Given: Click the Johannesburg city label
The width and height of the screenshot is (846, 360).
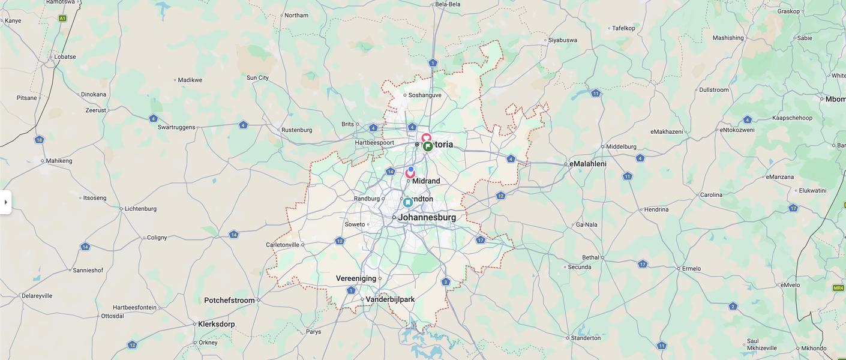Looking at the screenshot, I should [427, 218].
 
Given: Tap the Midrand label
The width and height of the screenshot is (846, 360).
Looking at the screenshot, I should [426, 181].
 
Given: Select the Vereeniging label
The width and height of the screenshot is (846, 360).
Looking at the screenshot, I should [356, 278].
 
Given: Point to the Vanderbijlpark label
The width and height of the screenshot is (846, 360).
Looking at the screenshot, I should [390, 299].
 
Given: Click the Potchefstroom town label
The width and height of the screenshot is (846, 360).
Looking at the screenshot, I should [229, 301].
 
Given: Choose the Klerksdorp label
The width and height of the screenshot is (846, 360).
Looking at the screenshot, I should [216, 324].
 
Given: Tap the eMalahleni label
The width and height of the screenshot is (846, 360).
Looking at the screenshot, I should [588, 164].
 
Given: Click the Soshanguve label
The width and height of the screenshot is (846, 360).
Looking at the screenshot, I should [425, 95].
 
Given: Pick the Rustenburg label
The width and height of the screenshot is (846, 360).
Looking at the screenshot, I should [297, 130].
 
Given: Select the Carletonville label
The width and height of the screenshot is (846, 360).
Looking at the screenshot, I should [283, 245].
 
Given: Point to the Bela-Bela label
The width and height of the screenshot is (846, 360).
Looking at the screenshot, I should [448, 4].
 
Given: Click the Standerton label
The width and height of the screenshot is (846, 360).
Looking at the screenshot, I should [586, 338].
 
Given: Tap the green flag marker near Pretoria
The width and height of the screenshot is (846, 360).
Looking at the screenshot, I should [428, 146].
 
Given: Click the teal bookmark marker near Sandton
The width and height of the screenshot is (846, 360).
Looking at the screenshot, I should [408, 202].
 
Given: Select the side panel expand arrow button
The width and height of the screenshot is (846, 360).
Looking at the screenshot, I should [5, 202].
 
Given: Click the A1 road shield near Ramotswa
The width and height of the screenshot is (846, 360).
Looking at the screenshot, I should [62, 19].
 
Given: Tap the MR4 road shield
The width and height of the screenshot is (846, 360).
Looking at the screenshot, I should [838, 288].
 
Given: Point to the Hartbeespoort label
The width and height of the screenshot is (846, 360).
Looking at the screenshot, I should [374, 143].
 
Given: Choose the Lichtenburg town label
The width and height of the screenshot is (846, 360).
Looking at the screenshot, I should [141, 209].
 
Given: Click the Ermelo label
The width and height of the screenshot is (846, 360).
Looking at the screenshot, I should [692, 269].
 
